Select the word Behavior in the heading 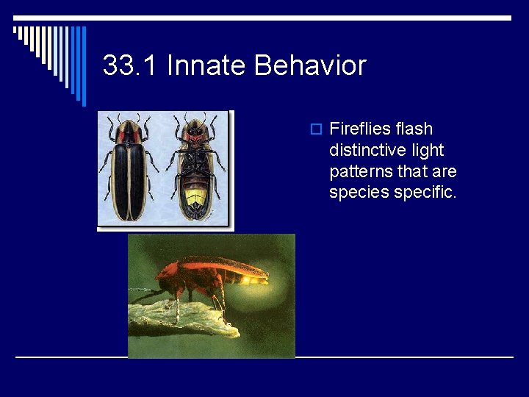(x=310, y=66)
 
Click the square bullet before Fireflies (x=316, y=129)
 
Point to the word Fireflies (x=361, y=129)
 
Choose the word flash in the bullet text (x=414, y=129)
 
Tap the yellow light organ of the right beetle (x=196, y=197)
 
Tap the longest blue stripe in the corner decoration (x=84, y=66)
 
